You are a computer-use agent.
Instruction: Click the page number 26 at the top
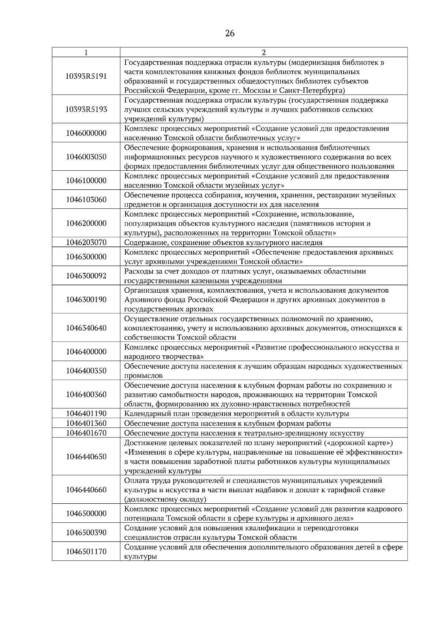pos(230,34)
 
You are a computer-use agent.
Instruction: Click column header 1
pos(86,52)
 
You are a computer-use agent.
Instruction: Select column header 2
pos(264,52)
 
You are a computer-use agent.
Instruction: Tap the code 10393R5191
pos(86,76)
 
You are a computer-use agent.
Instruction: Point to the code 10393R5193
pos(86,109)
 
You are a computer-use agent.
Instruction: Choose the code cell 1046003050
pos(86,157)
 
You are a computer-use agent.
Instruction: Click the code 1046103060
pos(86,200)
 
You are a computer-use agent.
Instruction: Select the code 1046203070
pos(86,242)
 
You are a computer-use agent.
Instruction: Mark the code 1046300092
pos(86,276)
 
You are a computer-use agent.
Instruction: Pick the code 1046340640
pos(86,328)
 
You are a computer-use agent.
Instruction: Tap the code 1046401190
pos(86,414)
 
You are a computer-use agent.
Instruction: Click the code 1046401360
pos(86,423)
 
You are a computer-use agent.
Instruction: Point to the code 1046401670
pos(86,433)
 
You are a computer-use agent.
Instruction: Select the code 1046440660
pos(86,490)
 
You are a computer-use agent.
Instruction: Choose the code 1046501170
pos(86,552)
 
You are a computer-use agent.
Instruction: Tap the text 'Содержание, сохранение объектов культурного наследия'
pos(223,242)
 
